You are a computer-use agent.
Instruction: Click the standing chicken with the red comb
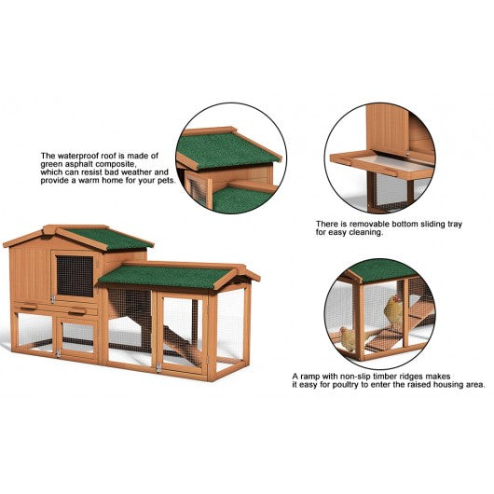click(392, 309)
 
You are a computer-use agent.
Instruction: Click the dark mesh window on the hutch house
click(75, 276)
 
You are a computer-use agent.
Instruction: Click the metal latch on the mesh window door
click(52, 298)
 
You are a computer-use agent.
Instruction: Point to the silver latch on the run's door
click(158, 367)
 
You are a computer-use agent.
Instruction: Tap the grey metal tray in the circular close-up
click(394, 162)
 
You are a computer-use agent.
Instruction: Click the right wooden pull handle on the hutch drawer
click(77, 312)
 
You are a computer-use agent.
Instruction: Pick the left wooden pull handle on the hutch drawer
click(28, 307)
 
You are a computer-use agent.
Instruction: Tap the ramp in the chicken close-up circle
click(387, 337)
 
